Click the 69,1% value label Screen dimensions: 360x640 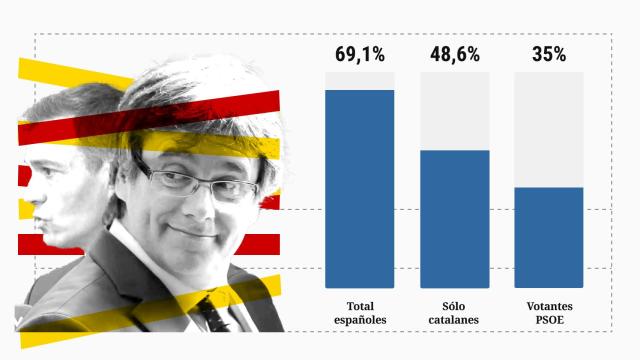pyautogui.click(x=359, y=55)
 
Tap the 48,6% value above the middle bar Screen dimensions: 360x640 pyautogui.click(x=454, y=55)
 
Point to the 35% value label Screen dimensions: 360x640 pyautogui.click(x=548, y=55)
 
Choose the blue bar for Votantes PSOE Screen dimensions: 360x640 pyautogui.click(x=548, y=237)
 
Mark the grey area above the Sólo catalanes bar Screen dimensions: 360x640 pyautogui.click(x=454, y=110)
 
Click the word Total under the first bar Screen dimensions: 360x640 pyautogui.click(x=359, y=305)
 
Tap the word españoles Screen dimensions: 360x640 pyautogui.click(x=359, y=320)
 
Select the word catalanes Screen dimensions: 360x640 pyautogui.click(x=454, y=320)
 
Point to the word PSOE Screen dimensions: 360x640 pyautogui.click(x=548, y=320)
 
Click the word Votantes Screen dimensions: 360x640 pyautogui.click(x=548, y=305)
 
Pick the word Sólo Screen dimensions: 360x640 pyautogui.click(x=454, y=305)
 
